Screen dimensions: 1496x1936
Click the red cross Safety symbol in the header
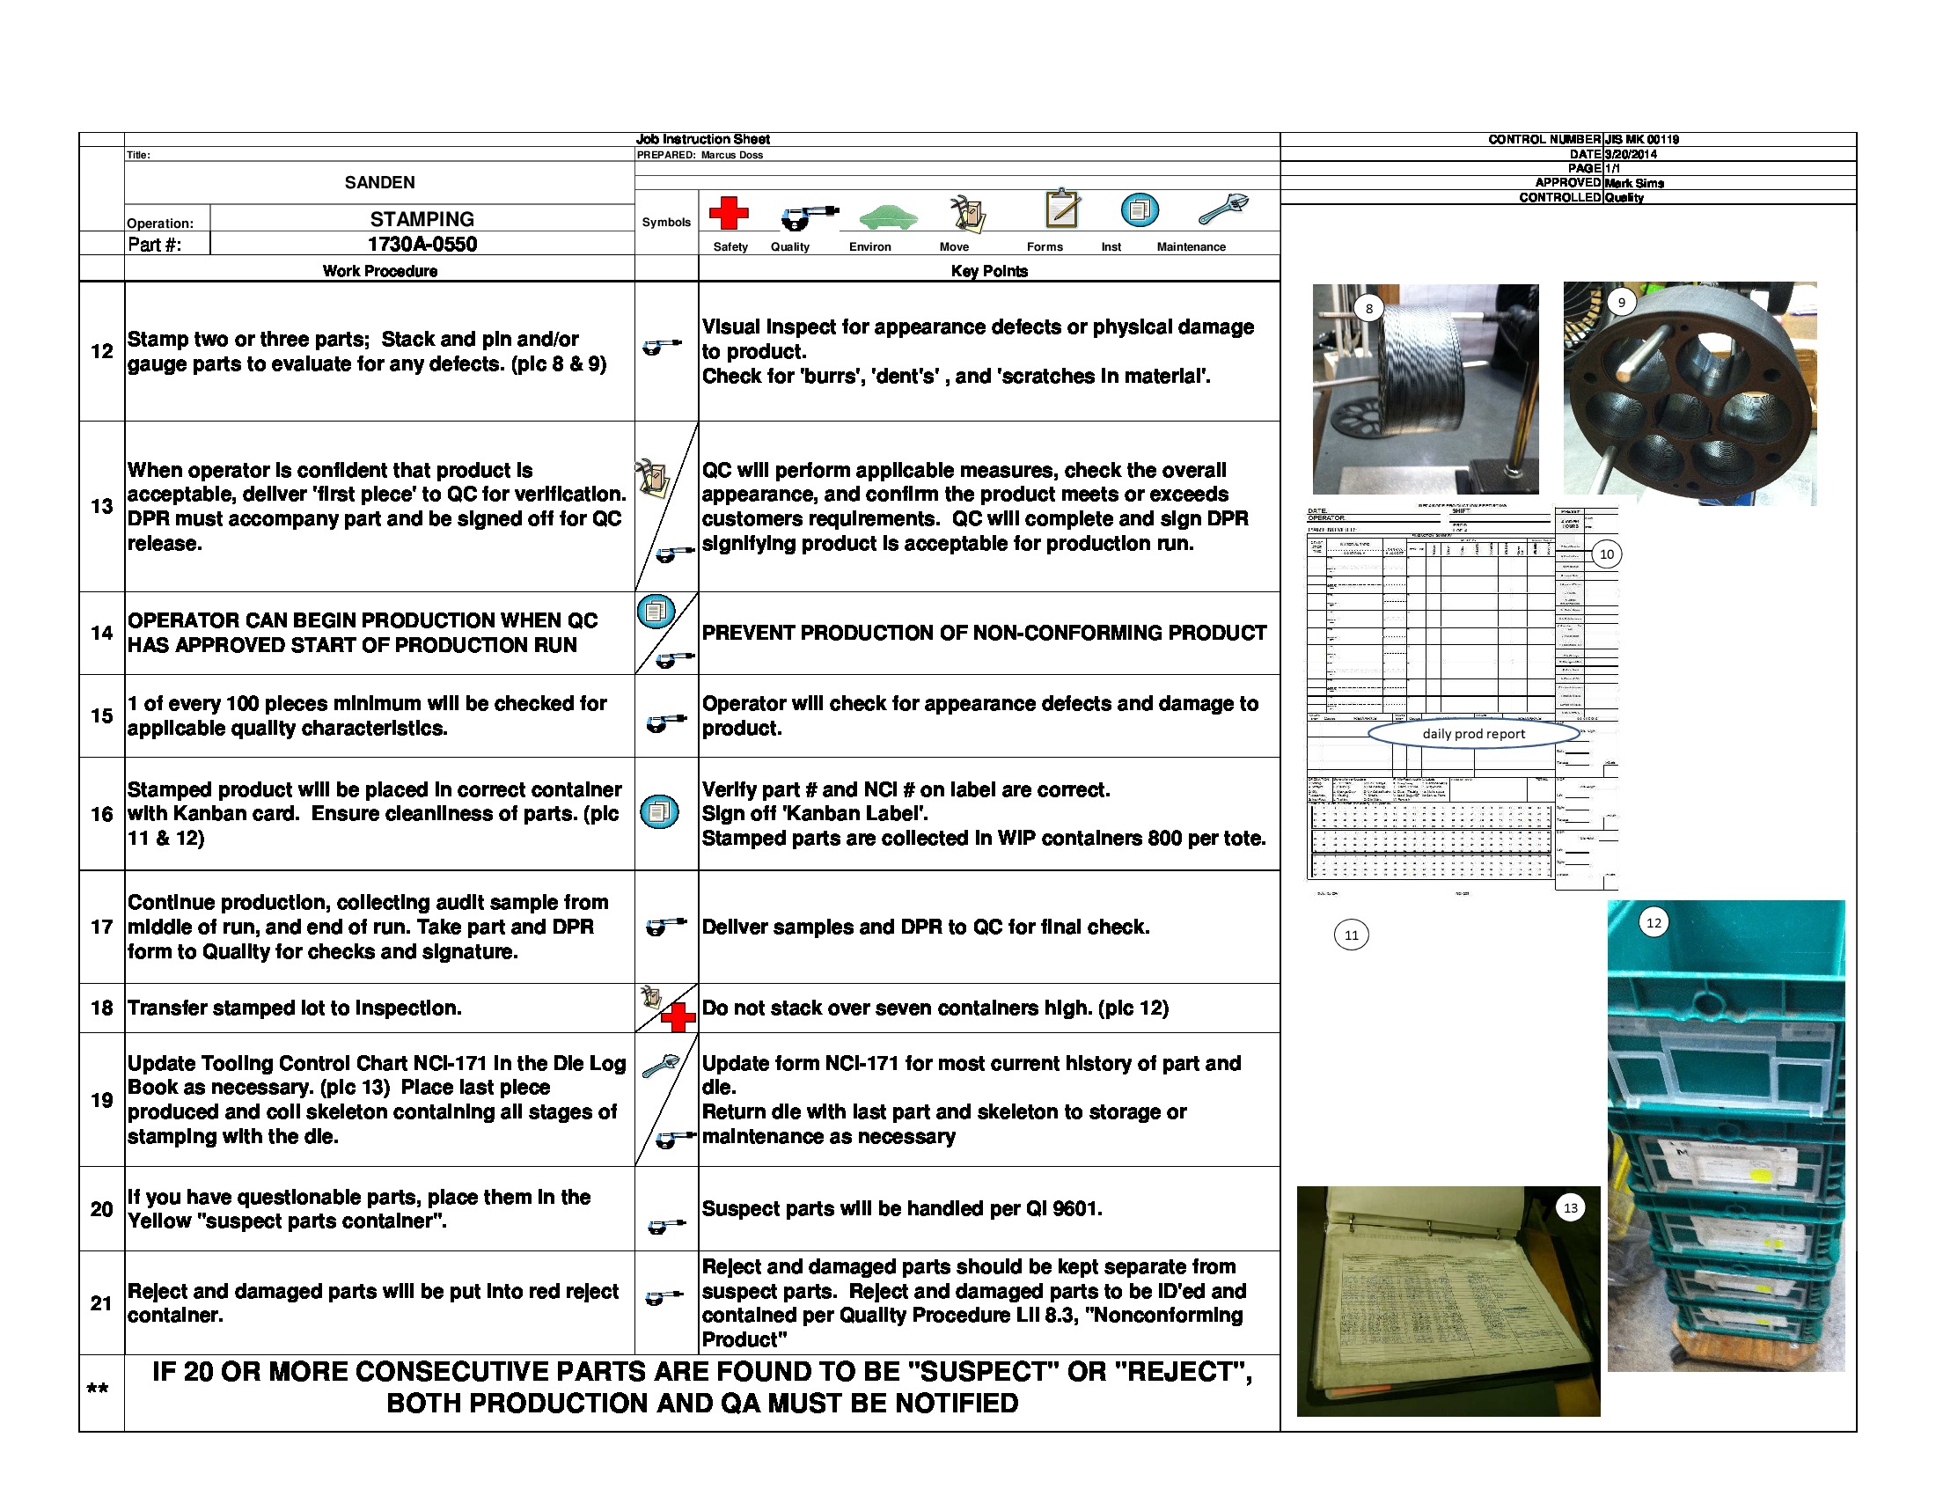(728, 214)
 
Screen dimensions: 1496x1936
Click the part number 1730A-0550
(422, 245)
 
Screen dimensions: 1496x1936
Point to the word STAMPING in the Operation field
(422, 219)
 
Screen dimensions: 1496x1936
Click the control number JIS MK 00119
(1641, 140)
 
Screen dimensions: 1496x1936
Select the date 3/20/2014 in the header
(1630, 154)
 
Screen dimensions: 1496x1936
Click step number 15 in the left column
(101, 716)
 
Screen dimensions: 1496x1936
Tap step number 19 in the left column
(101, 1100)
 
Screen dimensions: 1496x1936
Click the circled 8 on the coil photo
(1368, 308)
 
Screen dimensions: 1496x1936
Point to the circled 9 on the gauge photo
(1621, 302)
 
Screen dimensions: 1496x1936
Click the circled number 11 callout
(1351, 935)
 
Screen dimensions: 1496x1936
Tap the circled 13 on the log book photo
(1570, 1208)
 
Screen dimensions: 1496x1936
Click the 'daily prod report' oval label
(1473, 734)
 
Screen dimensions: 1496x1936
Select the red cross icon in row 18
(678, 1017)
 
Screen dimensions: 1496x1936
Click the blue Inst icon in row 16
(658, 812)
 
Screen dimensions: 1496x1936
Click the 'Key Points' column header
(988, 271)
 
